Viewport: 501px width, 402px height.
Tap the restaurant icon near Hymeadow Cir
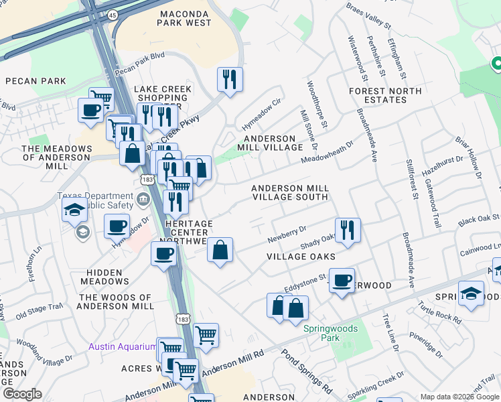click(230, 79)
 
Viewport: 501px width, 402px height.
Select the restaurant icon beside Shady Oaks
click(348, 230)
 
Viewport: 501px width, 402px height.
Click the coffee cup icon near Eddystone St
click(342, 280)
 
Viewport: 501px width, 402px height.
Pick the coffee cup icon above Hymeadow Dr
click(117, 226)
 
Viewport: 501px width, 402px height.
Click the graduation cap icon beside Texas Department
click(74, 209)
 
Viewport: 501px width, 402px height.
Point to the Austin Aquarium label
click(121, 346)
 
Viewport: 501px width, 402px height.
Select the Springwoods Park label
click(330, 333)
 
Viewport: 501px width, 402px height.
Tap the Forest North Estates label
click(386, 95)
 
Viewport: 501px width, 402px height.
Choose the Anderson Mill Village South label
click(290, 193)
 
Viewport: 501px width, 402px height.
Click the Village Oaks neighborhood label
click(301, 257)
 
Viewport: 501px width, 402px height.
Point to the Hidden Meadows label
click(104, 277)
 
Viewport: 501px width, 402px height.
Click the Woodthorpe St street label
click(316, 105)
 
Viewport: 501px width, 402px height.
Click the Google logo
click(23, 394)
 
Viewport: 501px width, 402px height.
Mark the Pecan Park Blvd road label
click(139, 63)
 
